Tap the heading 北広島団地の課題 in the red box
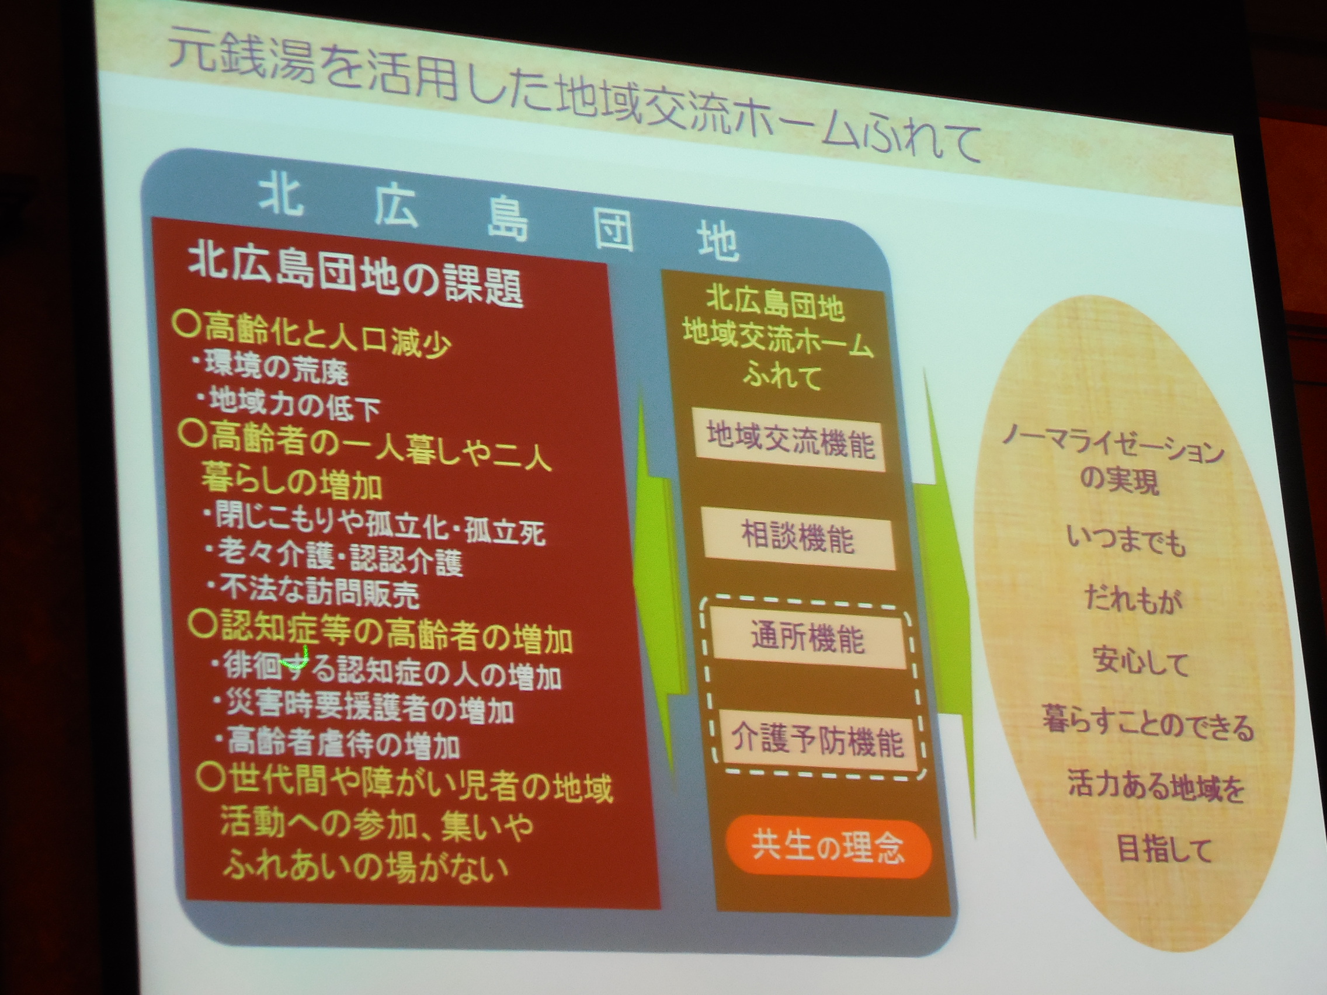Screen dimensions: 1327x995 355,277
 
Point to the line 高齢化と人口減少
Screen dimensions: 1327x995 311,337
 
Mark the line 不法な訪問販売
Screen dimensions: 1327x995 313,591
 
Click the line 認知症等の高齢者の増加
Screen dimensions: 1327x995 380,634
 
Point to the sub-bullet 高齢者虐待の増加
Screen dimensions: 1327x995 338,743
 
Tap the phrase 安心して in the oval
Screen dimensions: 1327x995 1140,662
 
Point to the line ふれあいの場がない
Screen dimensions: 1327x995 366,867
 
